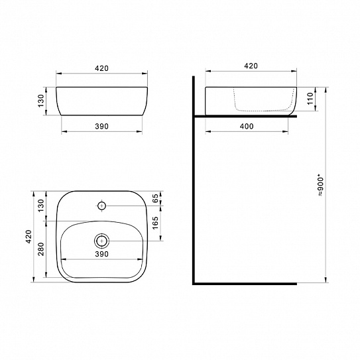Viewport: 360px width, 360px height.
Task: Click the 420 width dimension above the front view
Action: pos(101,68)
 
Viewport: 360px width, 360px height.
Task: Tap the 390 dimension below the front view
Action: pos(101,125)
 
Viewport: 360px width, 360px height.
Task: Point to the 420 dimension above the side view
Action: pos(251,66)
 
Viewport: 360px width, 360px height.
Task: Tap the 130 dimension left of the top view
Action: pos(41,205)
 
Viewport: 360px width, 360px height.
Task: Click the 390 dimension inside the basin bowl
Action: pos(101,254)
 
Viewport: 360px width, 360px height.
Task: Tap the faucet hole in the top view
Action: pos(101,205)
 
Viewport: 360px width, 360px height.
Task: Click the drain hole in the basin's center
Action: pos(101,239)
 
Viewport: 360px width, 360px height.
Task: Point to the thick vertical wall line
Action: pos(192,199)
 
